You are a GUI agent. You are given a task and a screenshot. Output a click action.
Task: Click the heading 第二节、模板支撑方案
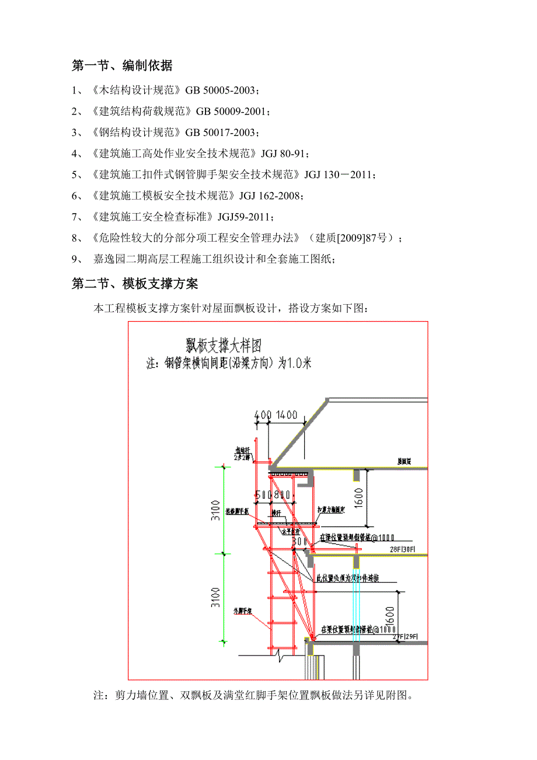135,284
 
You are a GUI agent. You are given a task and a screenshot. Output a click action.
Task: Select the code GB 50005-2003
221,90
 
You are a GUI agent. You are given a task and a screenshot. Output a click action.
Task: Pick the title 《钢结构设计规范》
135,133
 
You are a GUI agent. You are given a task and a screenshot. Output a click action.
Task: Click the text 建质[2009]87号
354,238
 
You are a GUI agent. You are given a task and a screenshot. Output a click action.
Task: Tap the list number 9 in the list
74,259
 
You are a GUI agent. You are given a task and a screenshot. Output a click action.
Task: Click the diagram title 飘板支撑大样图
224,344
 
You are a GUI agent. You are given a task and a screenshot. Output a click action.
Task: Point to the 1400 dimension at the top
286,415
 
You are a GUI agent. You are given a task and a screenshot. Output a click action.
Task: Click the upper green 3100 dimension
217,510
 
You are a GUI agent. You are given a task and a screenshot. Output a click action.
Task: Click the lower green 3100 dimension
217,597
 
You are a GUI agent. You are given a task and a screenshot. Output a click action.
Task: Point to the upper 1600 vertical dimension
358,497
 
